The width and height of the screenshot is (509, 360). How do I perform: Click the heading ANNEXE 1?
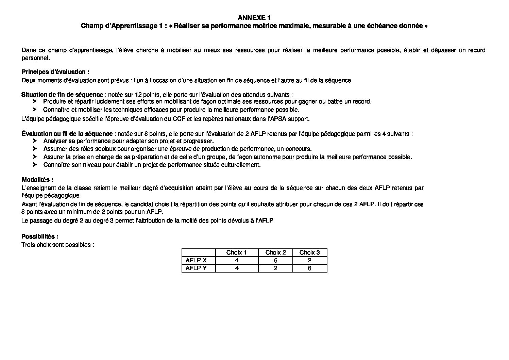[254, 17]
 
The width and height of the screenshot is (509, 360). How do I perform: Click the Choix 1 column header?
[237, 252]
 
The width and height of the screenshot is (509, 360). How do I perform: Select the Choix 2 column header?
[275, 252]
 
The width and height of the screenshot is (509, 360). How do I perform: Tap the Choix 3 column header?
[309, 252]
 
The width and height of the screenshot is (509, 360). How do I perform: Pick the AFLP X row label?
[196, 260]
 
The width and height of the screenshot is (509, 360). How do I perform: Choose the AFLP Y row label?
[196, 268]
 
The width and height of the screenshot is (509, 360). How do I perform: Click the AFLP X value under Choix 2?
[275, 260]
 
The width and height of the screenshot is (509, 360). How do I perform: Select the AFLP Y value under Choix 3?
[309, 268]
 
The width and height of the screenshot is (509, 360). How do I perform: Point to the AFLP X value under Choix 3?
[309, 260]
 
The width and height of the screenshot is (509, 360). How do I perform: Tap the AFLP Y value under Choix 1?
[237, 268]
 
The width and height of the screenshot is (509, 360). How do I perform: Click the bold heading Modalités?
[37, 180]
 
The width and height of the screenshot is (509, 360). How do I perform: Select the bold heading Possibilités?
[40, 236]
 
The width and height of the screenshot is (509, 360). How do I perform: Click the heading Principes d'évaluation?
[55, 72]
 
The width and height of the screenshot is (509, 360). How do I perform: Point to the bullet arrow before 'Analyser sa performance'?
[34, 141]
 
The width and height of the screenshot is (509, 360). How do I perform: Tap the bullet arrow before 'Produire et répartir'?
[34, 102]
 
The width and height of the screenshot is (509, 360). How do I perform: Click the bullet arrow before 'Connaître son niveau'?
[34, 165]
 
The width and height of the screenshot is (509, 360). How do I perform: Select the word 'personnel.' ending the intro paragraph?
[36, 58]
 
